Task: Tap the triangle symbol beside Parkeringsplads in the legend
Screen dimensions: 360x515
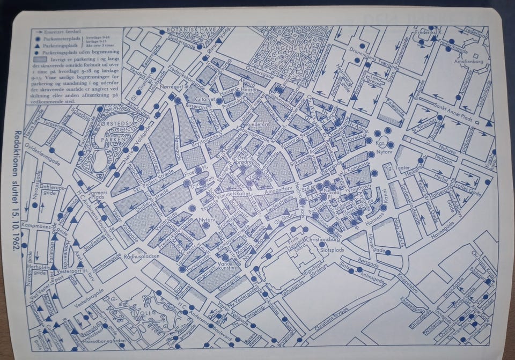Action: (x=36, y=47)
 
